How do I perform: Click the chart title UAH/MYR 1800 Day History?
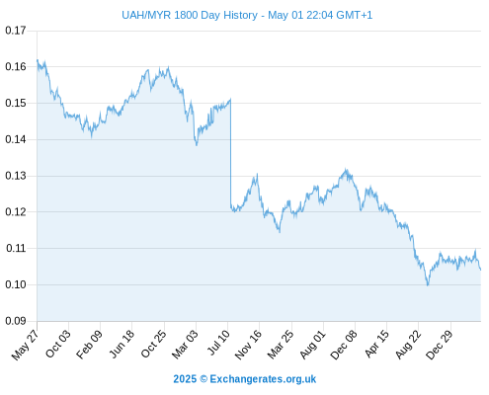click(x=190, y=15)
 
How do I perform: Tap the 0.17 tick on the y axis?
click(x=16, y=31)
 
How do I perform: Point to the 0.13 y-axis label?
click(x=16, y=176)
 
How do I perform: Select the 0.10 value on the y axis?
click(x=16, y=284)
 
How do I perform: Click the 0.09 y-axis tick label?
click(x=16, y=321)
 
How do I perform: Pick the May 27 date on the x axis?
click(x=26, y=345)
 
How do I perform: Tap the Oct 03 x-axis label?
click(x=58, y=344)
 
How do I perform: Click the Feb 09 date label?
click(x=90, y=344)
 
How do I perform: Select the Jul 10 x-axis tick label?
click(x=218, y=343)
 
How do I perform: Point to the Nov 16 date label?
click(x=248, y=345)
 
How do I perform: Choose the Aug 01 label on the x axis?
click(x=313, y=344)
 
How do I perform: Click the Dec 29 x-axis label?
click(x=440, y=345)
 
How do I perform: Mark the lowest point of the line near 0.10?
click(x=428, y=285)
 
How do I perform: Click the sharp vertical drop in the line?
click(x=230, y=152)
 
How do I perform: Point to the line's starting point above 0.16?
click(x=38, y=60)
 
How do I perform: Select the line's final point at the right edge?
click(x=480, y=270)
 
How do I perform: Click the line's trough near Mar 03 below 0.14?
click(x=197, y=145)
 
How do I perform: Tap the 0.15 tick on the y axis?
click(x=16, y=103)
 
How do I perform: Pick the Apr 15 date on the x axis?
click(x=377, y=344)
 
